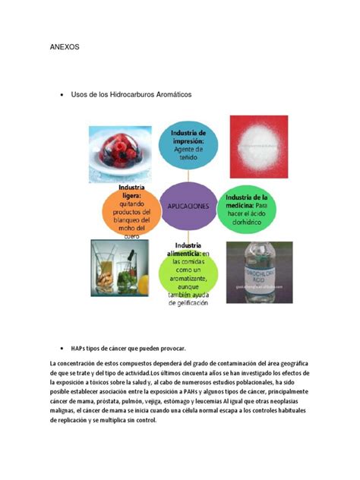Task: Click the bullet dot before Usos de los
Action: coord(60,96)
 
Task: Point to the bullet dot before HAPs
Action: coord(60,346)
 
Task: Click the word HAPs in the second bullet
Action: coord(79,346)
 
